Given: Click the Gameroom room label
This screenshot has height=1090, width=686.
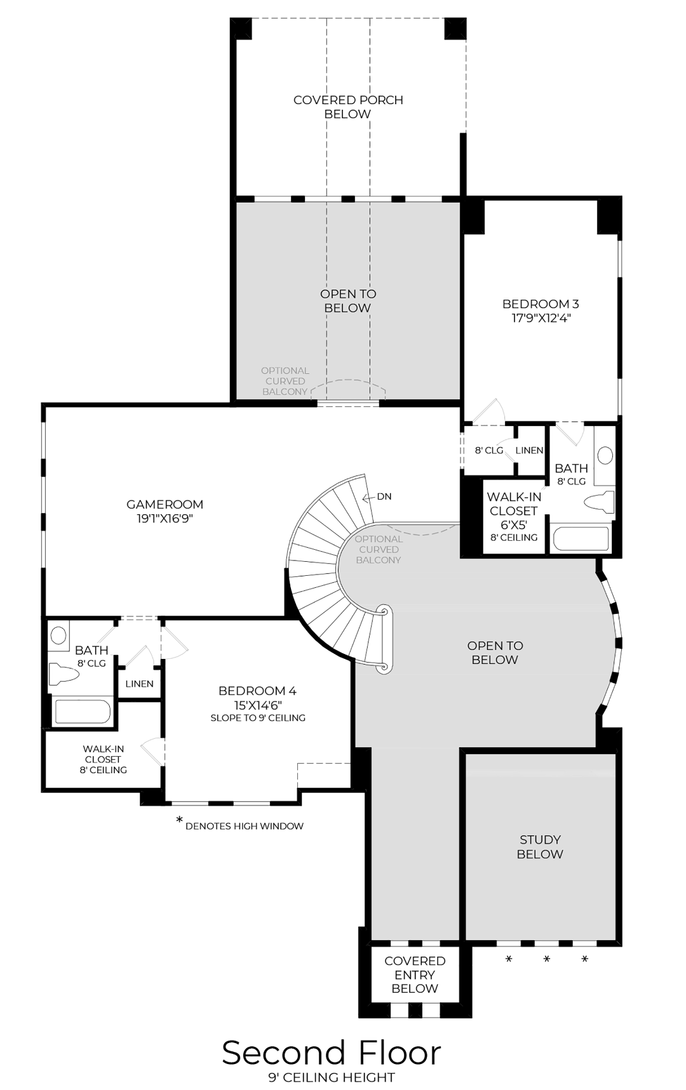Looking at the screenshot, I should tap(165, 505).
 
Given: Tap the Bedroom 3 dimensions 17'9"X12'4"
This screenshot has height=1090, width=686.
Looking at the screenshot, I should tap(541, 318).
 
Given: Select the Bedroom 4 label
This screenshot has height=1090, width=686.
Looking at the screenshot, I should tap(257, 691).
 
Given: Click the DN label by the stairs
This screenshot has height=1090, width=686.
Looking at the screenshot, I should tap(384, 496).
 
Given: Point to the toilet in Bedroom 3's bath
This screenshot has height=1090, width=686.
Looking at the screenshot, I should tap(600, 502).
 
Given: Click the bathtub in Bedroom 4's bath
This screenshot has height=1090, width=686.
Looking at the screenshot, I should tap(83, 712).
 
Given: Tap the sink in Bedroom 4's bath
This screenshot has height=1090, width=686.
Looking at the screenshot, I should tap(58, 635).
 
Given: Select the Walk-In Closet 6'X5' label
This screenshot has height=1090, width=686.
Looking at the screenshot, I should tap(513, 511).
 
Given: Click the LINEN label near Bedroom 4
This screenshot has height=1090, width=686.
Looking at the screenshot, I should tap(139, 684).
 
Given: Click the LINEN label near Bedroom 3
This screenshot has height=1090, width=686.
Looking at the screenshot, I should tap(529, 450).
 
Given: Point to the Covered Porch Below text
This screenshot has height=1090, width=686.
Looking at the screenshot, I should tap(348, 107).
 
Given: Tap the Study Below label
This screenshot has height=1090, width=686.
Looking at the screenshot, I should tap(540, 847).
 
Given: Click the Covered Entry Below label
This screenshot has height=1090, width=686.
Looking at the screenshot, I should tap(415, 974).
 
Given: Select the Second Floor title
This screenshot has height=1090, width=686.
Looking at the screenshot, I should tap(331, 1053).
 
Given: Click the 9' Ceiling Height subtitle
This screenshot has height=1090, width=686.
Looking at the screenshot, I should tap(331, 1077).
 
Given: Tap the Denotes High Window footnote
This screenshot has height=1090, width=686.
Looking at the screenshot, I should tap(244, 826).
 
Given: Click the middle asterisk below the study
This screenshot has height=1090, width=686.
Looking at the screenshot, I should tap(546, 959).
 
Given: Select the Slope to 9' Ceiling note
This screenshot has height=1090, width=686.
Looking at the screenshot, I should tap(258, 718).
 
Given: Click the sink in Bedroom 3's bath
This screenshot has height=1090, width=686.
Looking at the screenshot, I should tap(605, 455).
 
